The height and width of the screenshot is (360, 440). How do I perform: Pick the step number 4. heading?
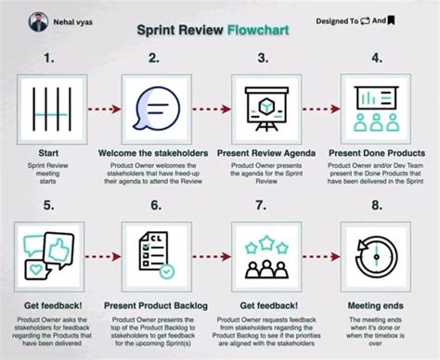pyautogui.click(x=377, y=58)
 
